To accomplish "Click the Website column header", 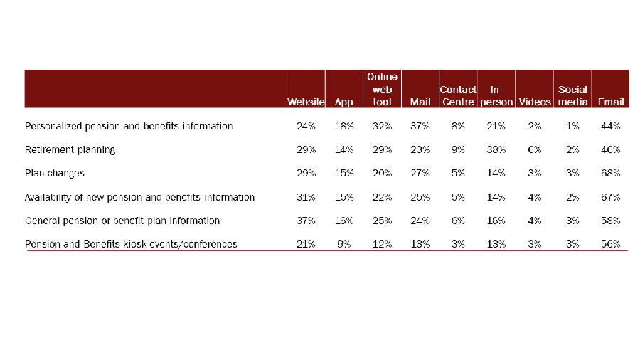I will click(x=306, y=102).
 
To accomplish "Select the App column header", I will click(x=343, y=102).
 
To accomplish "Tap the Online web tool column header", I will click(x=383, y=90).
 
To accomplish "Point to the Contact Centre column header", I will click(x=458, y=96).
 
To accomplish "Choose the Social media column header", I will click(x=572, y=96).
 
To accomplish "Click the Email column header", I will click(x=610, y=102).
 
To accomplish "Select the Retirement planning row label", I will click(x=70, y=150).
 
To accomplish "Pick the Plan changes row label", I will click(x=55, y=174).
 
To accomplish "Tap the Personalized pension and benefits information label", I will click(x=129, y=127).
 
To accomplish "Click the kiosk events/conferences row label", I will click(x=131, y=245).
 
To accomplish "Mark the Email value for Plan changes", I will click(x=610, y=174).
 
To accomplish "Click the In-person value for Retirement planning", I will click(x=496, y=150).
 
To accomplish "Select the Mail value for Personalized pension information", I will click(x=420, y=127).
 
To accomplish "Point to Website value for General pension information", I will click(x=306, y=221).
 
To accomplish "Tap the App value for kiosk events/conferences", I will click(x=343, y=245).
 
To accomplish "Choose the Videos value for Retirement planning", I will click(x=534, y=150).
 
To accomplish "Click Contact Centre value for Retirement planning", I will click(x=458, y=150).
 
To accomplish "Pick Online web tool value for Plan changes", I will click(x=383, y=174).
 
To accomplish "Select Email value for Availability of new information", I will click(x=610, y=197).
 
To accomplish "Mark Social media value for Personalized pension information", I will click(x=572, y=127).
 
